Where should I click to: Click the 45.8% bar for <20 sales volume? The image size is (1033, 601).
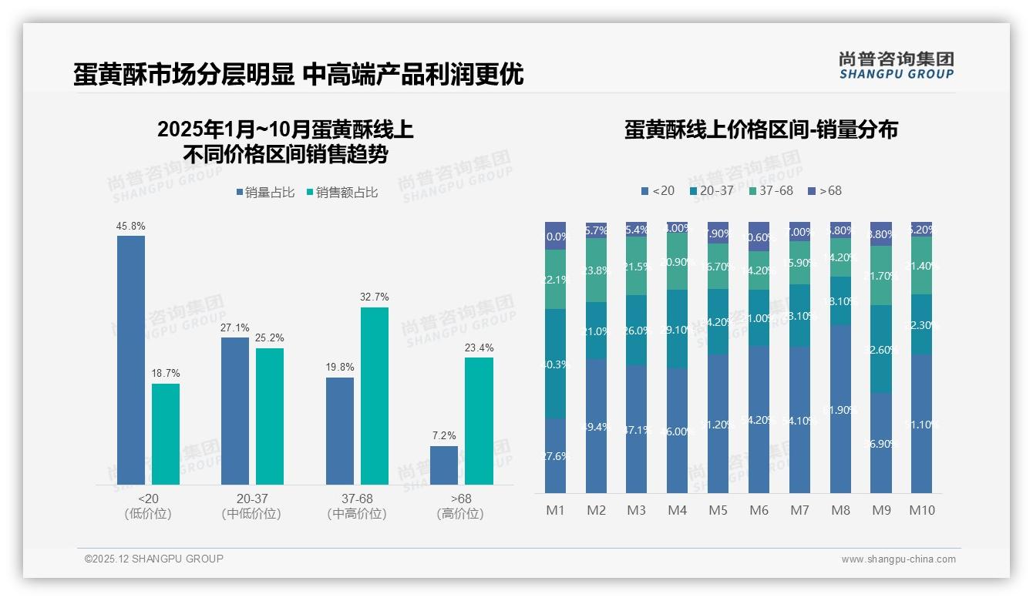(x=131, y=360)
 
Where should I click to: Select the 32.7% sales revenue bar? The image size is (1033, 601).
(x=375, y=395)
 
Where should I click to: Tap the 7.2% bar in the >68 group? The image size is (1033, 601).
(x=444, y=465)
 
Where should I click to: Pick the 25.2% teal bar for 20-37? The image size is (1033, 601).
(x=270, y=416)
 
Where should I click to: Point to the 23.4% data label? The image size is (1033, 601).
(x=479, y=348)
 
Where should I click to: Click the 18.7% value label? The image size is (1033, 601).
(x=166, y=374)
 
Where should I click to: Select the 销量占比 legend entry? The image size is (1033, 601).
(x=265, y=193)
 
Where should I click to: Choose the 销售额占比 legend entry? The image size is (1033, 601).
(x=342, y=193)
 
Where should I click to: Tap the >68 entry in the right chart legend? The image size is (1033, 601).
(x=825, y=190)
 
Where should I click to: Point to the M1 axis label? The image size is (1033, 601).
(x=555, y=510)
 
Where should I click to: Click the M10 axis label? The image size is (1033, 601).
(x=921, y=510)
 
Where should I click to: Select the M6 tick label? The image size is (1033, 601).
(x=759, y=510)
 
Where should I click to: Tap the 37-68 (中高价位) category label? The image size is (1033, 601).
(x=356, y=506)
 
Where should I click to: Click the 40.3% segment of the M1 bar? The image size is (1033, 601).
(x=555, y=364)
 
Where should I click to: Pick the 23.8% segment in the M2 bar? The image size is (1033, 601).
(x=596, y=270)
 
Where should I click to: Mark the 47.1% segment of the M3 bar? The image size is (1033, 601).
(x=636, y=428)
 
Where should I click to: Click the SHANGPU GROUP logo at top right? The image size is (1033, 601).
(x=896, y=65)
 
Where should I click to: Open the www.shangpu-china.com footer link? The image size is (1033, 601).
(x=898, y=559)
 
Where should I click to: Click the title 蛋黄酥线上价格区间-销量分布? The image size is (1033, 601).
(x=761, y=129)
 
